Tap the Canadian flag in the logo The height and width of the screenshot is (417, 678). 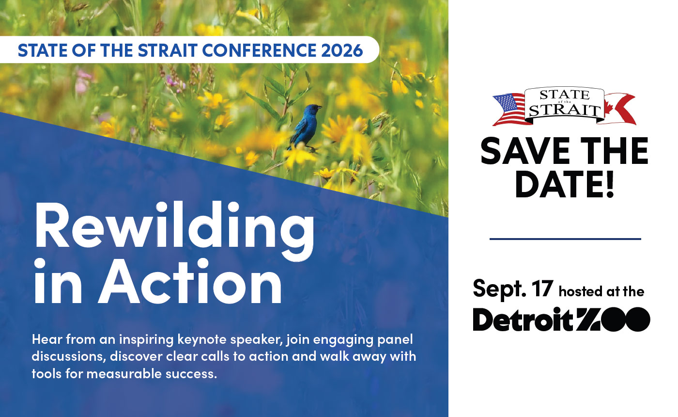(x=620, y=108)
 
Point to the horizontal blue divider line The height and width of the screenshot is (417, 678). (x=565, y=239)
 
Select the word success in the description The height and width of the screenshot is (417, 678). (x=189, y=374)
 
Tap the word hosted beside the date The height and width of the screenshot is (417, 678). (x=580, y=291)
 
